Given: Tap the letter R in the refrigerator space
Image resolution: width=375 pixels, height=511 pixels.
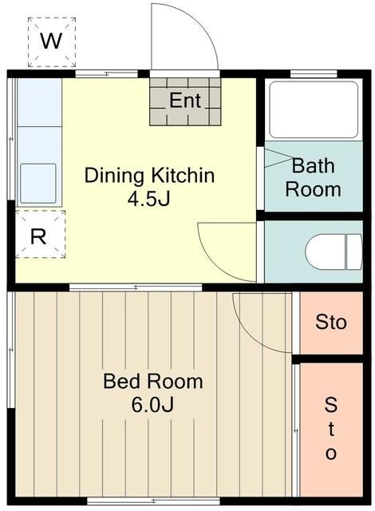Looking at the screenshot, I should (x=37, y=236).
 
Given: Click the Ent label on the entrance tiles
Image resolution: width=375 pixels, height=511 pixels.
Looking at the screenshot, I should (x=185, y=101).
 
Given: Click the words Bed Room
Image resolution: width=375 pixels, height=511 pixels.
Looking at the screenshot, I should (x=153, y=381).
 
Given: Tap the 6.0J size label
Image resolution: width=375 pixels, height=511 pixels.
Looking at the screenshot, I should (x=152, y=405).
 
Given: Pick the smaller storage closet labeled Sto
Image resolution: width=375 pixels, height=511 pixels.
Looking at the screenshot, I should (x=331, y=323).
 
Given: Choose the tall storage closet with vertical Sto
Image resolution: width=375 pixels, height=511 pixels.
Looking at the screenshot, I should (x=331, y=429).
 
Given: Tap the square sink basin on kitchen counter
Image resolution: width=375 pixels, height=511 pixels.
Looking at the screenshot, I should (x=37, y=182).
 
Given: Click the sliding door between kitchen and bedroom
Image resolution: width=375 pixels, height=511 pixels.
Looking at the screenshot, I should (x=136, y=287).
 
